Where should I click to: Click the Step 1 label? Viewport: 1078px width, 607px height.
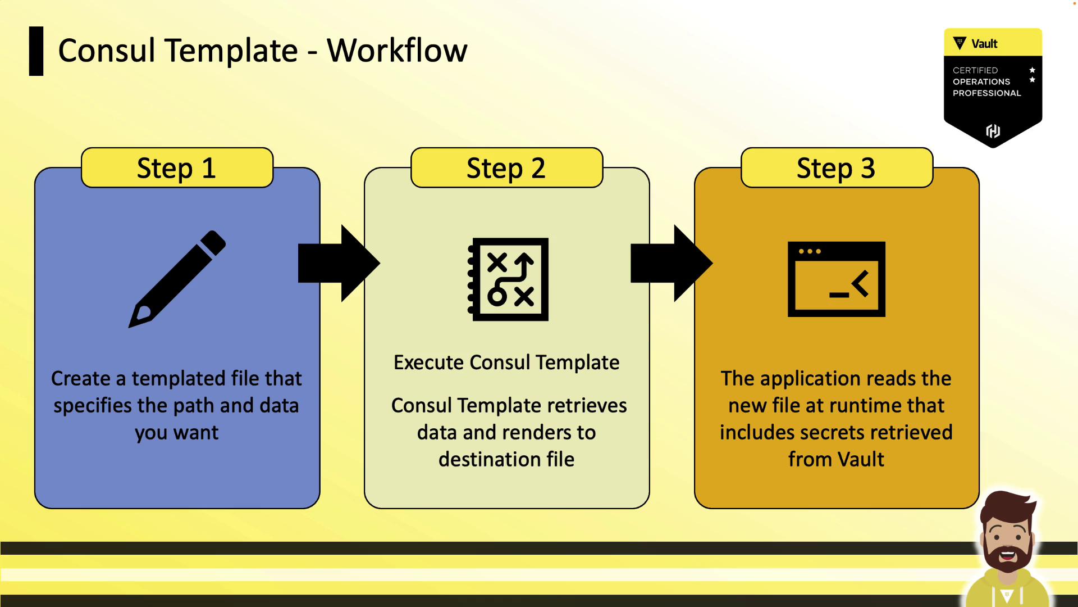tap(177, 168)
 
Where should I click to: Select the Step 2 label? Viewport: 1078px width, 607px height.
tap(506, 168)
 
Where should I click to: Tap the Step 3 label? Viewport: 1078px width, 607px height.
tap(836, 168)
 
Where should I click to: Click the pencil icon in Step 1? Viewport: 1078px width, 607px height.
tap(177, 278)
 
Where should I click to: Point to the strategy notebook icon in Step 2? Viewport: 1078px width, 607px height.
tap(508, 279)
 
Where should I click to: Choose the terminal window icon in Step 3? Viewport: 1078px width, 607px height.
tap(836, 279)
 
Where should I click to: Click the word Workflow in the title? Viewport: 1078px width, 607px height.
tap(397, 51)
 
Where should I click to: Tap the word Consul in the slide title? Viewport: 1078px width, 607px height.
tap(107, 51)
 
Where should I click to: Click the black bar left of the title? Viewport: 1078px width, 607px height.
tap(36, 51)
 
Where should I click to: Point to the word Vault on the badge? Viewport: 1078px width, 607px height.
tap(984, 44)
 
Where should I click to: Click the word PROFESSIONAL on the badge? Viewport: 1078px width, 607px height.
tap(986, 93)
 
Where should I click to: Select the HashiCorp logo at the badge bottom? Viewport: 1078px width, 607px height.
tap(993, 131)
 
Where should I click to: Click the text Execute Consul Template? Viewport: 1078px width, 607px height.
tap(506, 363)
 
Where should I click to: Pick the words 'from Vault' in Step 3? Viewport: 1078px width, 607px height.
tap(836, 459)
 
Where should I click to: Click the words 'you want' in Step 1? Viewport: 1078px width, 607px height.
tap(177, 433)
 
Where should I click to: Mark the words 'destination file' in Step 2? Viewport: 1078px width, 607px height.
tap(506, 459)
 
